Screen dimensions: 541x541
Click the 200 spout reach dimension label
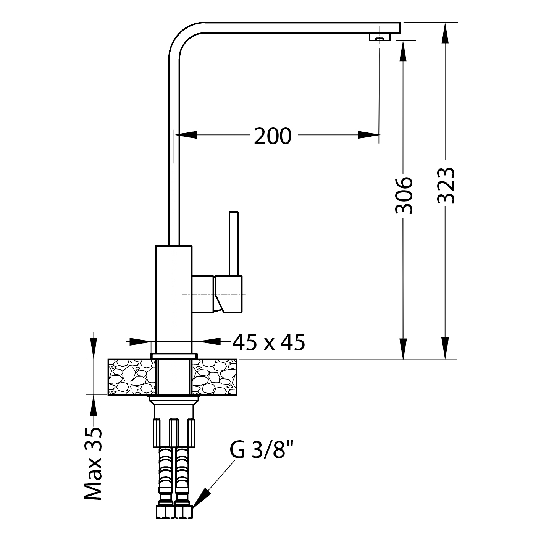point(273,136)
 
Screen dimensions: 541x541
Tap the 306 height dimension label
point(404,195)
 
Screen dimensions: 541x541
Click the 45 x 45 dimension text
point(268,342)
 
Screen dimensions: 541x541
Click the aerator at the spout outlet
point(380,37)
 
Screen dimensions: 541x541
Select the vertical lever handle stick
point(234,244)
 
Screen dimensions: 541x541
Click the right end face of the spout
point(400,28)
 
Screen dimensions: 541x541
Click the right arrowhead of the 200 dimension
point(369,135)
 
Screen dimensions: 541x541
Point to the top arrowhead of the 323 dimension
point(445,33)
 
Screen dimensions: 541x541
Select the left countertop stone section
point(132,377)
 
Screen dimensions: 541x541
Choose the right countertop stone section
point(215,377)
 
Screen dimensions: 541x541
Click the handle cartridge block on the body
point(217,294)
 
